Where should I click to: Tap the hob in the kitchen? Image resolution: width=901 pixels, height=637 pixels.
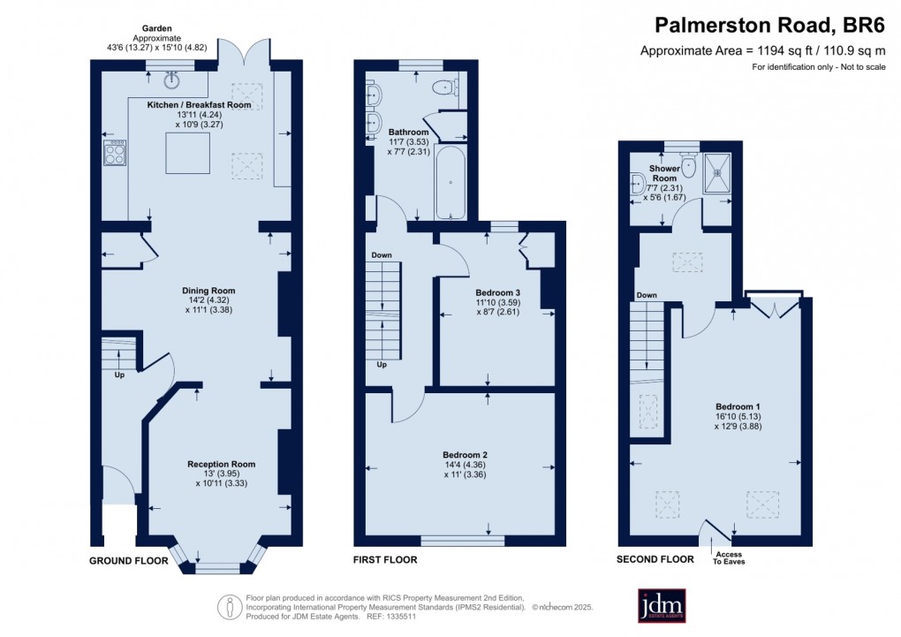[x=116, y=154]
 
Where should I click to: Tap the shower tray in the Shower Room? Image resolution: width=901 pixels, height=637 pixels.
[x=717, y=172]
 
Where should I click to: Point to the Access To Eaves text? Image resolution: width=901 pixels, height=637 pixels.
[x=730, y=556]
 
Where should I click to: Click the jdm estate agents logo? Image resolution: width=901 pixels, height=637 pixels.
[x=662, y=605]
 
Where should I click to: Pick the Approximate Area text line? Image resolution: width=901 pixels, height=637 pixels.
[x=763, y=51]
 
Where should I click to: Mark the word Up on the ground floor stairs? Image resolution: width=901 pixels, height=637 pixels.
[x=119, y=375]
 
